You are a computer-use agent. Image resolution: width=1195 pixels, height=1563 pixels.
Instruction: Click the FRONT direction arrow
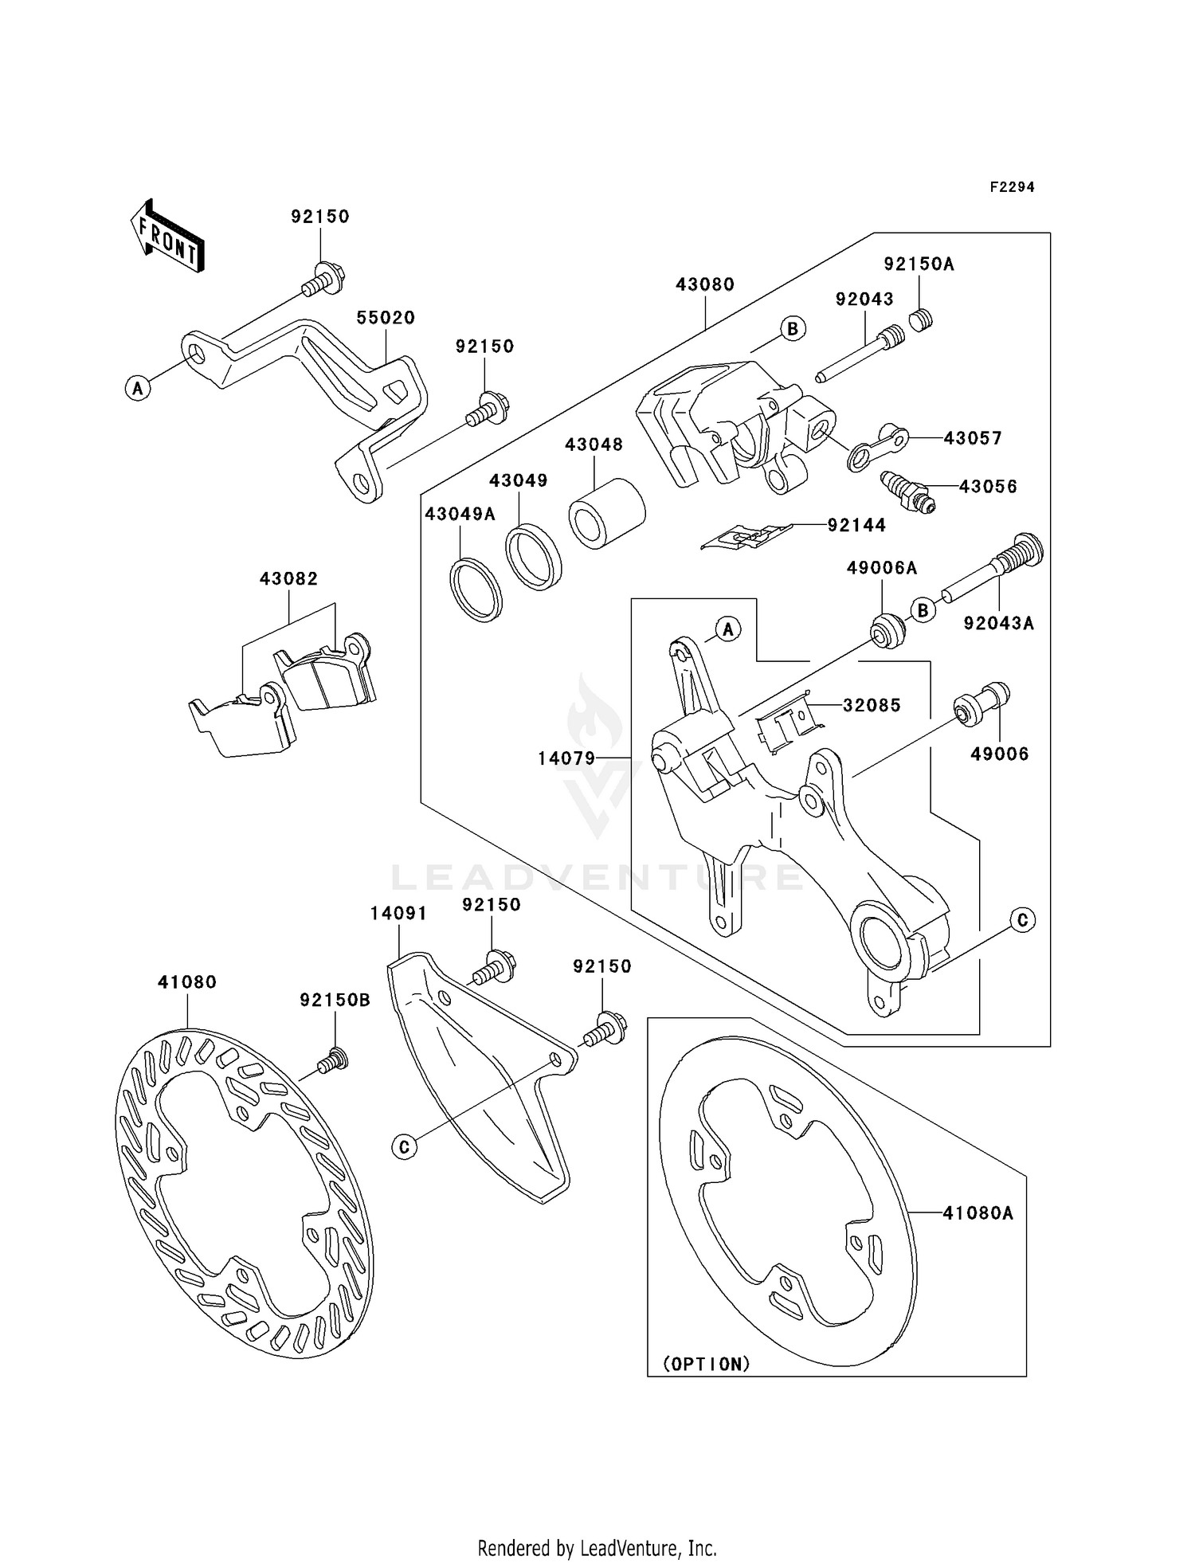pyautogui.click(x=167, y=237)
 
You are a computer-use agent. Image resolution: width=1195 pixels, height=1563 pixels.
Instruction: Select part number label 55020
pyautogui.click(x=386, y=318)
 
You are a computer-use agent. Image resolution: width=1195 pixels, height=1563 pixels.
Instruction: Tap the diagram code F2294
pyautogui.click(x=1012, y=187)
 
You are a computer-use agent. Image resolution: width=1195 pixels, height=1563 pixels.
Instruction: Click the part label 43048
pyautogui.click(x=594, y=445)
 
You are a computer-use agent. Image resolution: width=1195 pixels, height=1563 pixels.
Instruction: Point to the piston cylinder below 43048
pyautogui.click(x=605, y=515)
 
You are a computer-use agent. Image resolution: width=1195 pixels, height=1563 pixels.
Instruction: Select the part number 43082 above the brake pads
pyautogui.click(x=288, y=579)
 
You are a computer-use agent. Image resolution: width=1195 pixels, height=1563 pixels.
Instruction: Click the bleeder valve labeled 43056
pyautogui.click(x=907, y=492)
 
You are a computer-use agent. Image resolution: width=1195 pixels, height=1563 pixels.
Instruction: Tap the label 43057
pyautogui.click(x=973, y=438)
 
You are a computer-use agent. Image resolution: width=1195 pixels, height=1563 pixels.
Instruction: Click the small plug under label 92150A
pyautogui.click(x=922, y=320)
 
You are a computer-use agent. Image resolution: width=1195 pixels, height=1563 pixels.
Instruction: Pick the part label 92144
pyautogui.click(x=856, y=525)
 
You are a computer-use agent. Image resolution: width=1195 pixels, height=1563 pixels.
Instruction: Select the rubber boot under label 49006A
pyautogui.click(x=886, y=632)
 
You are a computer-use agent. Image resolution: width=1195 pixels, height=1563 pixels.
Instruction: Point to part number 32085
pyautogui.click(x=872, y=705)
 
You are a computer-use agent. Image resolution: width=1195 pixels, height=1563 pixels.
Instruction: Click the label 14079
pyautogui.click(x=566, y=758)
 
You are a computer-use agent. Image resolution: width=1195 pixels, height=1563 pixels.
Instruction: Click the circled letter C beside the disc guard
pyautogui.click(x=405, y=1146)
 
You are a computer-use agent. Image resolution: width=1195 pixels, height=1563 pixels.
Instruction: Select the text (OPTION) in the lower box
pyautogui.click(x=707, y=1365)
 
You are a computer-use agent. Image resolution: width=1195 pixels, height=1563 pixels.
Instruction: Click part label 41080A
pyautogui.click(x=978, y=1213)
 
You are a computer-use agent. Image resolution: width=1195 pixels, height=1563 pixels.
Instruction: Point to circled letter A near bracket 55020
pyautogui.click(x=138, y=389)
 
